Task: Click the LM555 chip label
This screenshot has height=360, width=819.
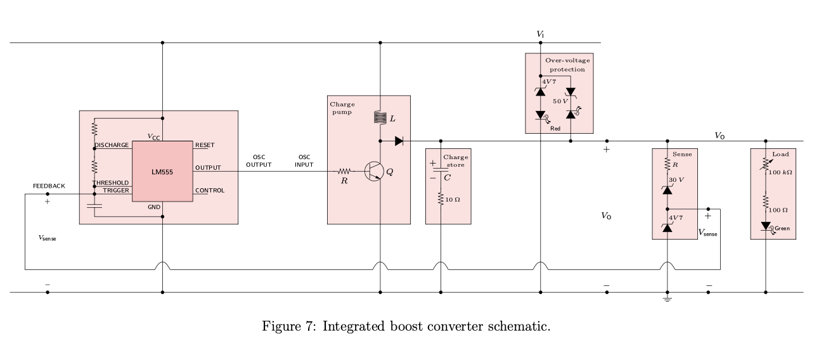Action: pos(162,172)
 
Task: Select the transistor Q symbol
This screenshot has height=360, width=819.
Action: pos(374,172)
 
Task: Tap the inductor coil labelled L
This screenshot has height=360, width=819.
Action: pos(380,117)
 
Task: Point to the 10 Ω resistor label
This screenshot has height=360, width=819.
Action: pos(453,200)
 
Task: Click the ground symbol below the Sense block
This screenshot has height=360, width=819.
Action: pos(667,299)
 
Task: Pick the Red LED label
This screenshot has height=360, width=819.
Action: pos(555,128)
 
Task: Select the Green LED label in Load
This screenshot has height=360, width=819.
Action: pos(782,229)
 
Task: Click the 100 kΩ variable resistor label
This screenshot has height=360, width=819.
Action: pos(780,172)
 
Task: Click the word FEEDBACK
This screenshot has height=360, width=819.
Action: pos(49,186)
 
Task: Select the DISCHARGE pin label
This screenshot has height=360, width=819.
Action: pos(112,145)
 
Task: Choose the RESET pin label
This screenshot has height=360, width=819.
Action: pos(205,145)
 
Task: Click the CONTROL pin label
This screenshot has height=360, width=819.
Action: pos(210,190)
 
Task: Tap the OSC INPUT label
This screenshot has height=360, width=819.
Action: pos(304,161)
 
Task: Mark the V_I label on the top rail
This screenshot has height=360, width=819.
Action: pos(540,34)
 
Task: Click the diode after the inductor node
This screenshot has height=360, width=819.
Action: pos(399,141)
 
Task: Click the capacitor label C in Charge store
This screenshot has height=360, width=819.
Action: pos(447,177)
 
